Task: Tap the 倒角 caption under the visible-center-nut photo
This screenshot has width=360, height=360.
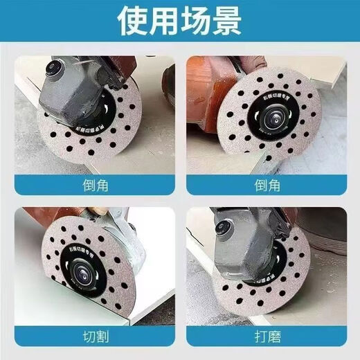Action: (x=266, y=186)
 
